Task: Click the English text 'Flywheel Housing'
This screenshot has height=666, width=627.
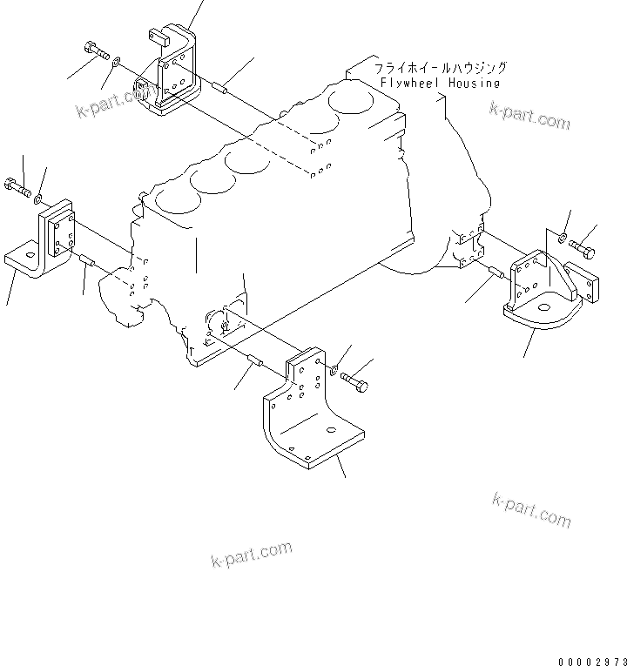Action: pyautogui.click(x=440, y=83)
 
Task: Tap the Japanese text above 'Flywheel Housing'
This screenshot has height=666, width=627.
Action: pyautogui.click(x=440, y=67)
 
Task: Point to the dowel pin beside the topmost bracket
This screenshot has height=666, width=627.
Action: pyautogui.click(x=222, y=87)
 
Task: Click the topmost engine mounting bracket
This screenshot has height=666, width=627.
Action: pyautogui.click(x=170, y=74)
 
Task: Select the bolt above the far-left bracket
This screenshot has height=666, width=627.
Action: pyautogui.click(x=18, y=186)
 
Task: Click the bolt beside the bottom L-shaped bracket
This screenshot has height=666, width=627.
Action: pyautogui.click(x=354, y=380)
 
